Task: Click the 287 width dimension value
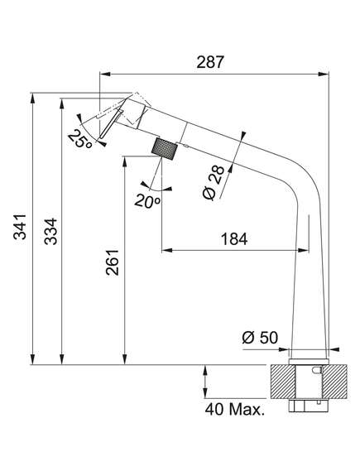pos(210,62)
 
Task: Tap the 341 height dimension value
pos(20,226)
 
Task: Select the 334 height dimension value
pos(50,231)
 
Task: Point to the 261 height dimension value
pos(113,262)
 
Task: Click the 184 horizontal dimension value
pos(234,239)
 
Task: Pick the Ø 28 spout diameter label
pos(214,183)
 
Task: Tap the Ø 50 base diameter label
pos(260,338)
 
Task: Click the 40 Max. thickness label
pos(235,409)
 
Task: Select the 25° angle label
pos(79,139)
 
